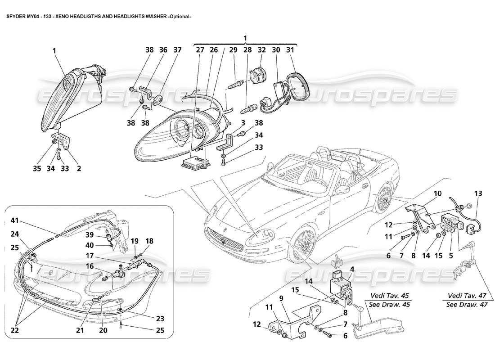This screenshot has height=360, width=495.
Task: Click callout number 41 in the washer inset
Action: (16, 220)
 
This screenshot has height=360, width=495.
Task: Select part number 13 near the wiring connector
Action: (477, 193)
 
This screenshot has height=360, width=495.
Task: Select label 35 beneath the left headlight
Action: (37, 169)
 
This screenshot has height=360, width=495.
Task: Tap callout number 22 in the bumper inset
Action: (15, 330)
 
